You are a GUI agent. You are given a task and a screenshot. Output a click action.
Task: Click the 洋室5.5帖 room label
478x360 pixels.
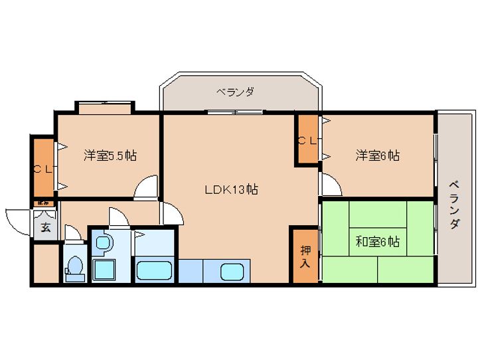click(110, 156)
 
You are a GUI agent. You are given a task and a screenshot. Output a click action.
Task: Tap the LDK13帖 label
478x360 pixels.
click(230, 189)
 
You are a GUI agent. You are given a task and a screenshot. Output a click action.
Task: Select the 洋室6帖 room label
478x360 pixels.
click(377, 156)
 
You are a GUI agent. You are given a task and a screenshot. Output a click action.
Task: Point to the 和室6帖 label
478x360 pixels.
click(377, 242)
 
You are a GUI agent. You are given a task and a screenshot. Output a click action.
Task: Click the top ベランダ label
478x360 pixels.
click(235, 92)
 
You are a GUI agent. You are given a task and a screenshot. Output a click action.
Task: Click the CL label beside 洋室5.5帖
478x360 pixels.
click(43, 169)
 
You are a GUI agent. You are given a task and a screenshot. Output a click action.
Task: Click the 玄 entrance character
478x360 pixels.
click(45, 227)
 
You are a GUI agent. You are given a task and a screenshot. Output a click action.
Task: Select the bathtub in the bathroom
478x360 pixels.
click(154, 270)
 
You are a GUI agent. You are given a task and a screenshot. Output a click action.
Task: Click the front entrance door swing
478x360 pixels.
click(19, 219)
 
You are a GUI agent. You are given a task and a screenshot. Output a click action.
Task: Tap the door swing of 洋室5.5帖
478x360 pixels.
click(146, 189)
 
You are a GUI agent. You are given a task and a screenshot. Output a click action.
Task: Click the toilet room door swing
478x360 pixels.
click(73, 234)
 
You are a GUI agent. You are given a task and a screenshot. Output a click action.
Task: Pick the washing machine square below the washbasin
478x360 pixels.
click(104, 270)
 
